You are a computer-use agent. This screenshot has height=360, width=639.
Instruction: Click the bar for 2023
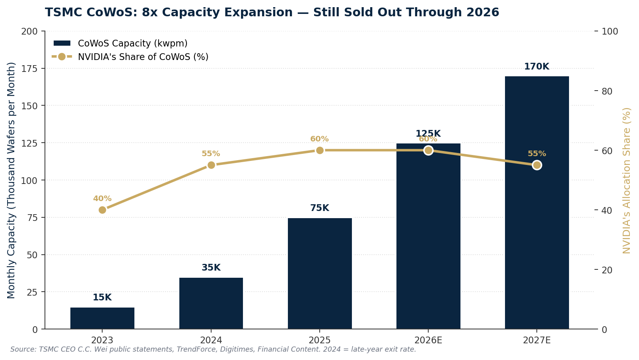(102, 318)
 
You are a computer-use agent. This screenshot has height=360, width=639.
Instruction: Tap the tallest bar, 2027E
(537, 203)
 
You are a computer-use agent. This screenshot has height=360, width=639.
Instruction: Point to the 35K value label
(211, 268)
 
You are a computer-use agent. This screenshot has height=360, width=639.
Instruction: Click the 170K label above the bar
(536, 67)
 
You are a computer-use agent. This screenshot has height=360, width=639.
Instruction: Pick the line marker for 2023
(102, 210)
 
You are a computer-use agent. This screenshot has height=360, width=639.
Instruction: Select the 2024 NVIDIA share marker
(211, 165)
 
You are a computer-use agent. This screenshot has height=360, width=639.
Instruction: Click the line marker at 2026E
(428, 150)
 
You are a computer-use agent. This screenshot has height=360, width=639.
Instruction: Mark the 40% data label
(102, 199)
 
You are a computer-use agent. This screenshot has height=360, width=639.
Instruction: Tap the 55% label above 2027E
(537, 154)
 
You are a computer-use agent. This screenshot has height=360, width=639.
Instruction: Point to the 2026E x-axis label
(428, 340)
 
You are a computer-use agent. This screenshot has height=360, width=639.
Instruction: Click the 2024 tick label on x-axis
(211, 340)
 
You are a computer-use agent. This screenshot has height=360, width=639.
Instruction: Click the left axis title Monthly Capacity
(11, 180)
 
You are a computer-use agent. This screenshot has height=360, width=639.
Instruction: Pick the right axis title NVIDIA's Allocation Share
(627, 180)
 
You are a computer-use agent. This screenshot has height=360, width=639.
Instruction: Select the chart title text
(272, 13)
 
